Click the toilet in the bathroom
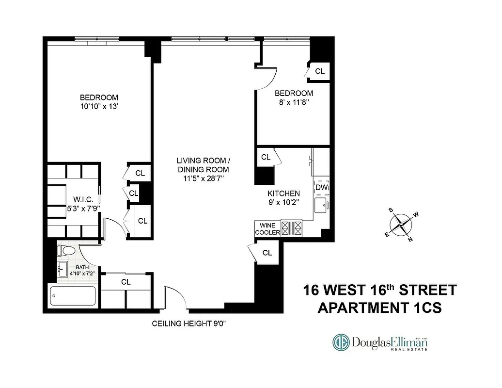(66, 251)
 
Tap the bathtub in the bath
(73, 295)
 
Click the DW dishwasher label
(321, 187)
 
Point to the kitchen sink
(321, 206)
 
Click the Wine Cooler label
(267, 229)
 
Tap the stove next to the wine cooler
(292, 228)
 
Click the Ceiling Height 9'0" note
(189, 324)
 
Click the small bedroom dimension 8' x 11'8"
(294, 102)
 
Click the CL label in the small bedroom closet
(320, 71)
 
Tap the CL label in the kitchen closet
(266, 157)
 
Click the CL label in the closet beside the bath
(125, 281)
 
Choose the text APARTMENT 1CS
(379, 308)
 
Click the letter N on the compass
(410, 239)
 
